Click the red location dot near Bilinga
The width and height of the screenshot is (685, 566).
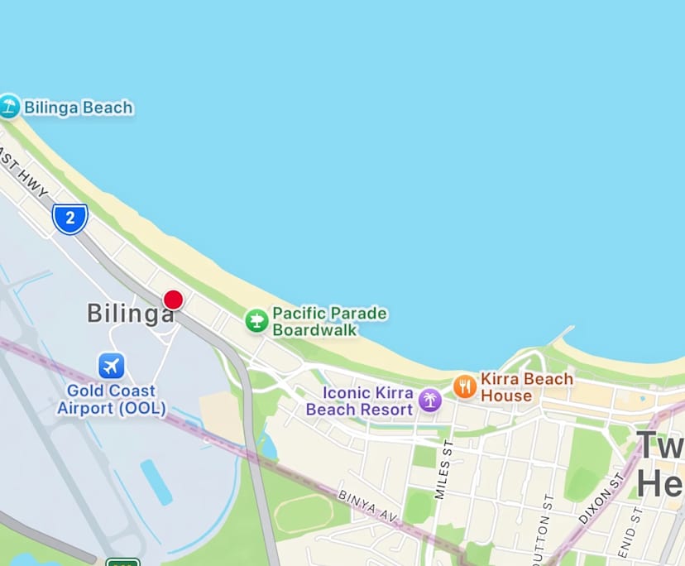(x=173, y=300)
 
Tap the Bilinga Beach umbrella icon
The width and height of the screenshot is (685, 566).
(x=9, y=106)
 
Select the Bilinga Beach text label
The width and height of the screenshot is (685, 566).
(x=78, y=108)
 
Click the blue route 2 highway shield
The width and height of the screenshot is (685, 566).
(x=70, y=218)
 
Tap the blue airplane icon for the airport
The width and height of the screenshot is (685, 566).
(x=111, y=365)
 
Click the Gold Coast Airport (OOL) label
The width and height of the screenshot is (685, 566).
(x=111, y=399)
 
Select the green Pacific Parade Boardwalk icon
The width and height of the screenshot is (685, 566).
(x=256, y=320)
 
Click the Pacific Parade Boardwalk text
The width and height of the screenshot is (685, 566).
(x=329, y=321)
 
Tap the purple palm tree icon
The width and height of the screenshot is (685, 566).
(x=429, y=401)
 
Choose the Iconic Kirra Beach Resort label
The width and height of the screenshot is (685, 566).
(x=360, y=401)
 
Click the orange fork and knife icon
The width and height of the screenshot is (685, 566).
(x=465, y=386)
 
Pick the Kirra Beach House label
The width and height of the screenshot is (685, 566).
(x=526, y=386)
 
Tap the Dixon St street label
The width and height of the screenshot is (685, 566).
(x=601, y=498)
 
